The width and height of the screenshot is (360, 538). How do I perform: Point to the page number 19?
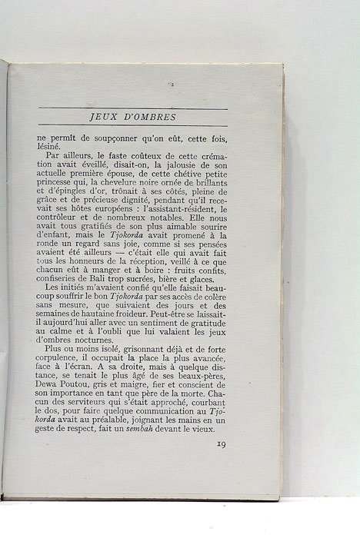[221, 443]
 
